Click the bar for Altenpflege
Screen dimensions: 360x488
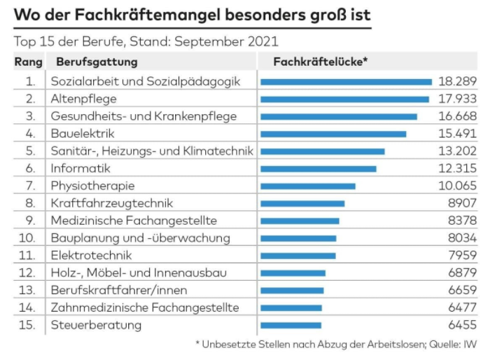coord(344,99)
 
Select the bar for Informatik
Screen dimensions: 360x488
coord(318,169)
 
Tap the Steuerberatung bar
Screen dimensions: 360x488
coord(291,325)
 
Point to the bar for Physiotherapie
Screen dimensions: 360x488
coord(307,186)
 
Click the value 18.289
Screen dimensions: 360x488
coord(457,81)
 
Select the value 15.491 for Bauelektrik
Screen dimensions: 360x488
coord(457,134)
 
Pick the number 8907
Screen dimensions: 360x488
coord(462,203)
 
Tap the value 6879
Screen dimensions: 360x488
coord(462,272)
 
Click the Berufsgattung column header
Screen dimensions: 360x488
coord(97,62)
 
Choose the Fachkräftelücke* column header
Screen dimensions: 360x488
coord(320,62)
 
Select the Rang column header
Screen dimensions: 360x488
coord(29,62)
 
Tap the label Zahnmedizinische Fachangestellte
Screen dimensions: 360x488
coord(144,307)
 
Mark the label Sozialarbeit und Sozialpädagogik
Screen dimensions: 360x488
coord(145,81)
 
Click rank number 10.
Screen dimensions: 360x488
coord(27,238)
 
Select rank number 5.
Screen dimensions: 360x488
coord(29,151)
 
